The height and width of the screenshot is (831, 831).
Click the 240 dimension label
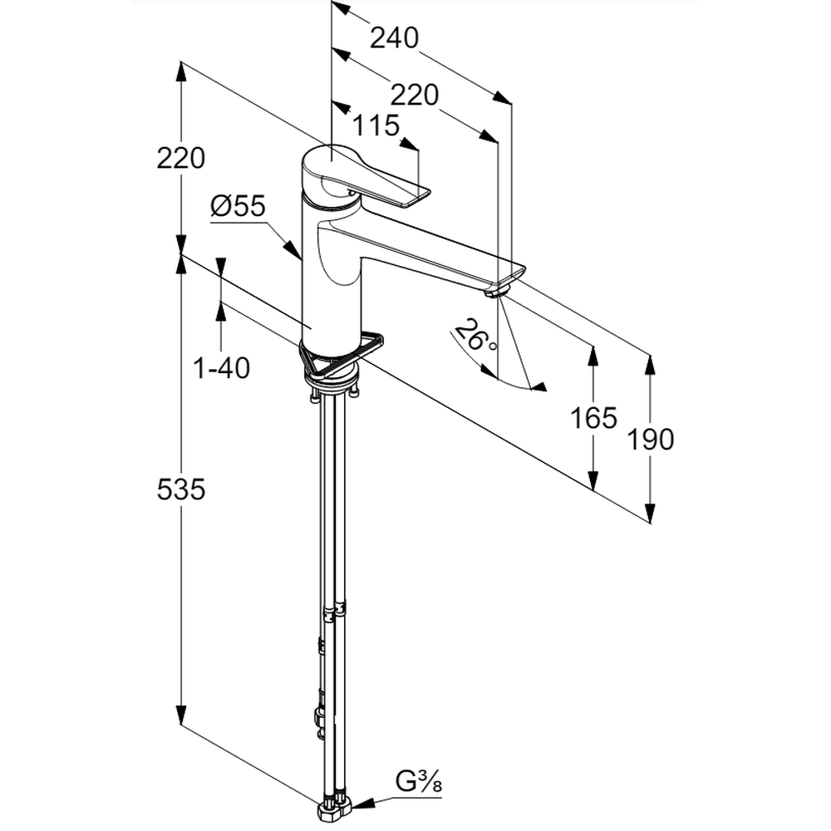click(394, 38)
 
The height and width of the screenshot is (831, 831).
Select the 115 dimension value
click(376, 125)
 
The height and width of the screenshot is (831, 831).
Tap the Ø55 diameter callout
click(238, 205)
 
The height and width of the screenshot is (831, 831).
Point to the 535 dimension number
click(180, 489)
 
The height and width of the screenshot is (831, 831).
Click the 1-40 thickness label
click(222, 368)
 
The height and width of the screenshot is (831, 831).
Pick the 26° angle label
click(475, 336)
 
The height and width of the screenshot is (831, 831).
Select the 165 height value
click(593, 418)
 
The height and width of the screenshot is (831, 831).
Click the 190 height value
click(651, 439)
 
